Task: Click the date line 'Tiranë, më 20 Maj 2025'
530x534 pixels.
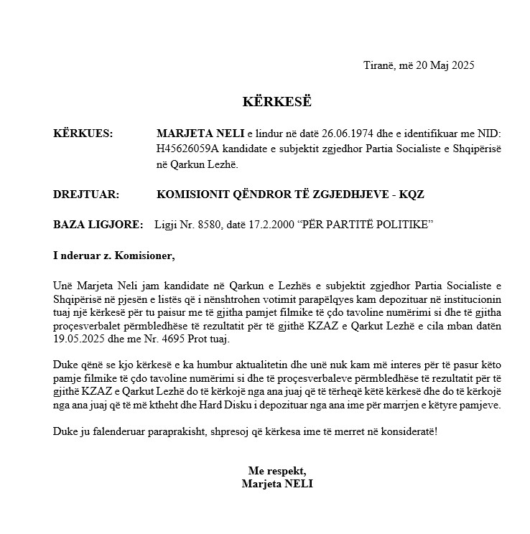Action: click(419, 65)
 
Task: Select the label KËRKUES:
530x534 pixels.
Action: click(83, 133)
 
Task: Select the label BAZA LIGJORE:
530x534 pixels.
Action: click(98, 225)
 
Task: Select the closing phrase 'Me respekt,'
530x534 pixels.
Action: click(277, 471)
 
